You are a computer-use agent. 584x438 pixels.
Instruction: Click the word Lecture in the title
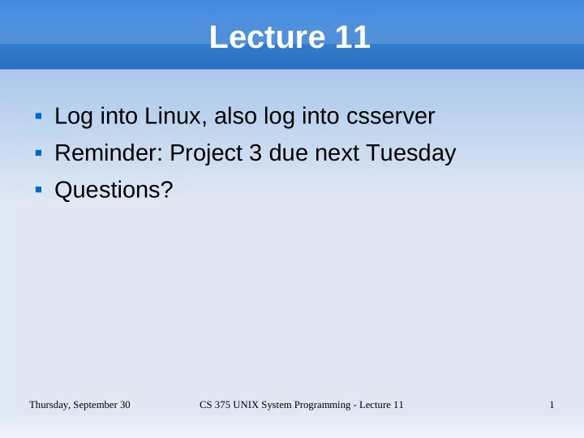[x=268, y=36]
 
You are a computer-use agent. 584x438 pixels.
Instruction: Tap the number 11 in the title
[x=352, y=36]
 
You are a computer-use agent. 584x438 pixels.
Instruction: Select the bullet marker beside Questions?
[x=38, y=190]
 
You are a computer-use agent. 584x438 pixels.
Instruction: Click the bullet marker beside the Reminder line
[x=38, y=152]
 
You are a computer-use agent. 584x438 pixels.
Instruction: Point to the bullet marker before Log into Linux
[x=38, y=116]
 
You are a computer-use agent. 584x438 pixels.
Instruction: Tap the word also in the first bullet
[x=235, y=116]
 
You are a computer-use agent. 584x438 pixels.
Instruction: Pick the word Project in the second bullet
[x=206, y=153]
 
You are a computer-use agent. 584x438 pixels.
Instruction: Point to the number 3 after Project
[x=255, y=152]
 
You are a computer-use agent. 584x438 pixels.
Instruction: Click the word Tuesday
[x=411, y=153]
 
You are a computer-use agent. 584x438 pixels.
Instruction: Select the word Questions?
[x=114, y=190]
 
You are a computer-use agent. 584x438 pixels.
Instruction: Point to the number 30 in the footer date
[x=125, y=405]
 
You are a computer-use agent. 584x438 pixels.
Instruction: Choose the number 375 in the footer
[x=222, y=405]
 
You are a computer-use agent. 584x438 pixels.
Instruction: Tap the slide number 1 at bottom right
[x=552, y=405]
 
